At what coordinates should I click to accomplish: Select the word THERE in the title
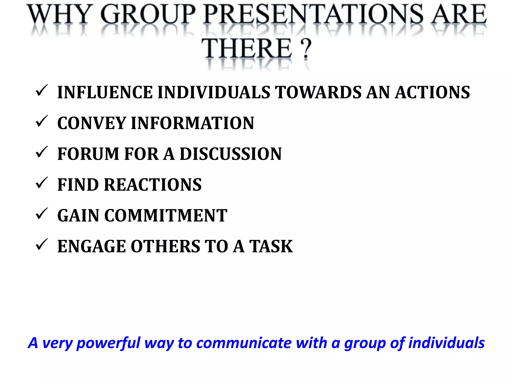[x=247, y=49]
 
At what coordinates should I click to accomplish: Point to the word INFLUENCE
[x=105, y=92]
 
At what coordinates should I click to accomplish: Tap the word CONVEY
[x=92, y=123]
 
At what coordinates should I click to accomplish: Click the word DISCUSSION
[x=231, y=154]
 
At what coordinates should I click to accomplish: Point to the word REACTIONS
[x=153, y=185]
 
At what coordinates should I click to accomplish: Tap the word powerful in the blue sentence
[x=108, y=343]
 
